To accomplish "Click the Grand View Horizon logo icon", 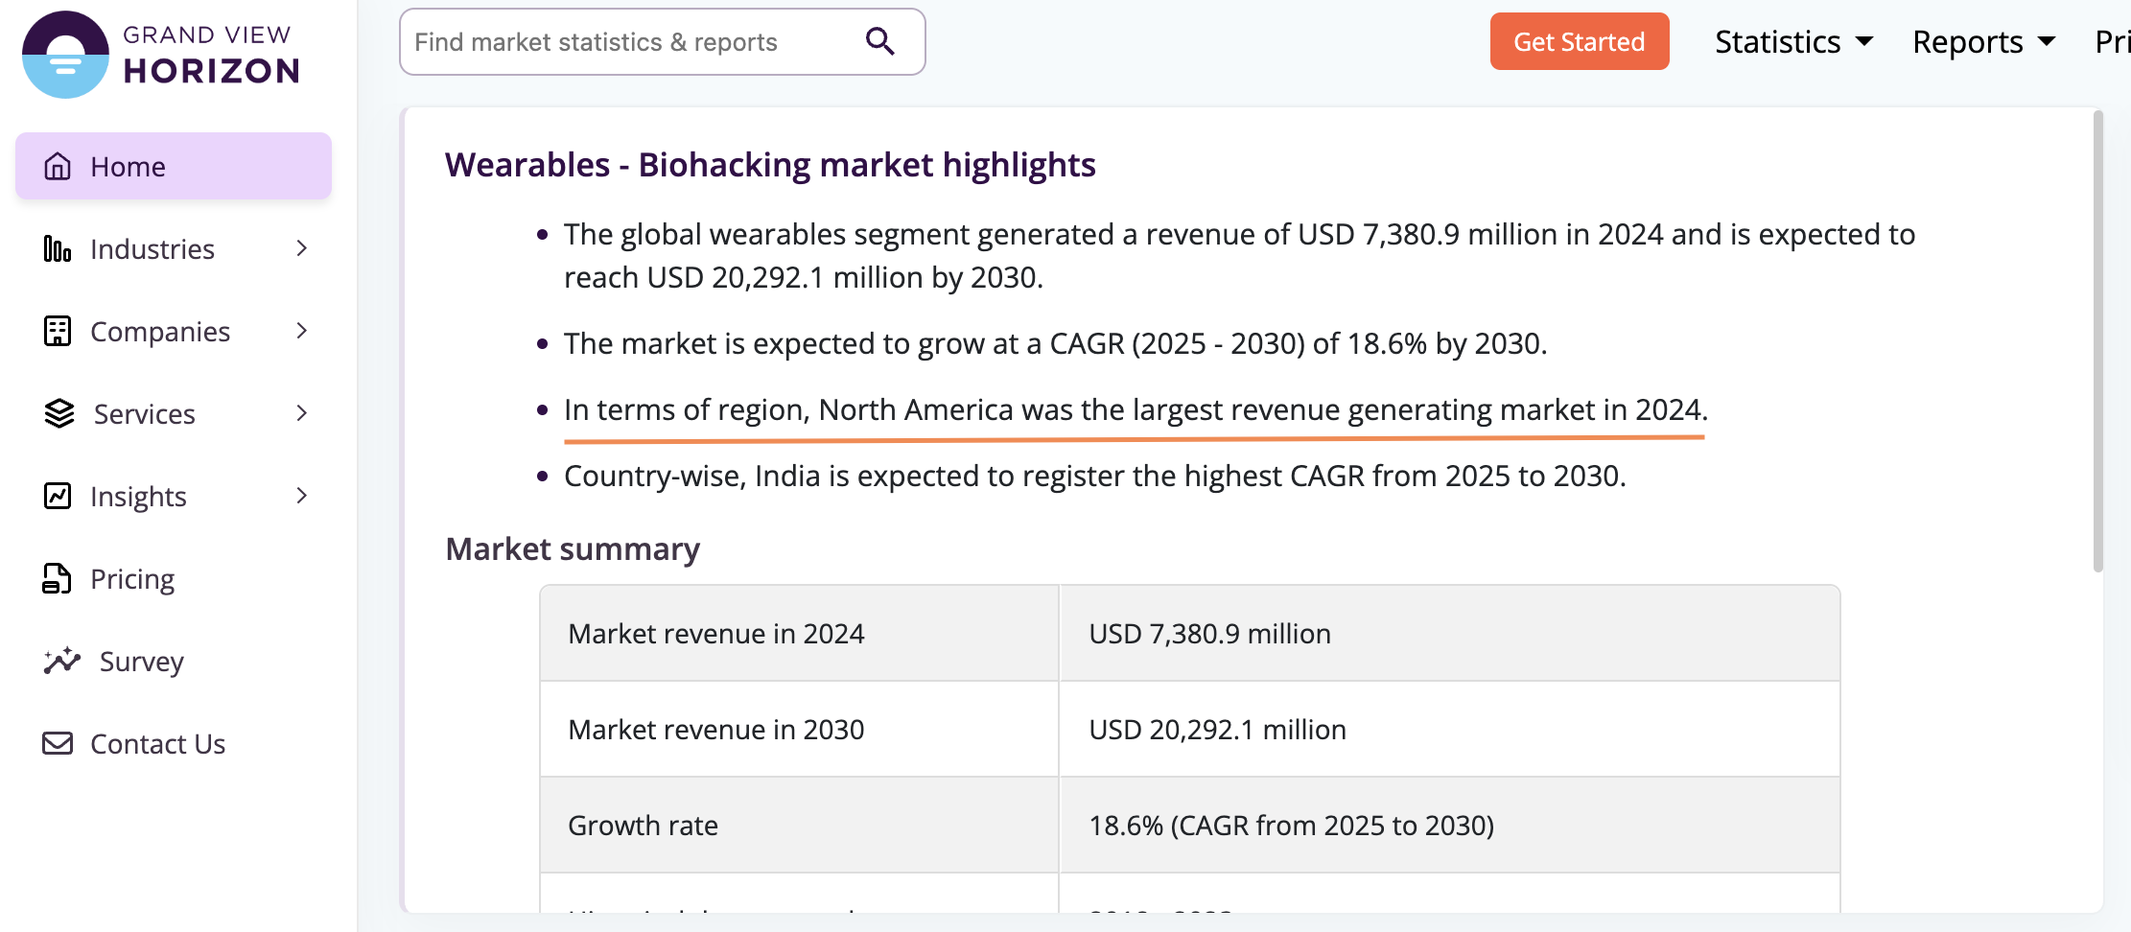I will pos(65,55).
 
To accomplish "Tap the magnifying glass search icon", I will pos(879,41).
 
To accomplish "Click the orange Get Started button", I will pos(1579,41).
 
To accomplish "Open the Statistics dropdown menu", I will pos(1793,42).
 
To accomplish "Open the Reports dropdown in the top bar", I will pos(1983,42).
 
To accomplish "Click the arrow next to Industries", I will pos(302,248).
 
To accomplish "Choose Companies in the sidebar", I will pos(159,332).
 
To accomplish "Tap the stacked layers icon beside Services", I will pos(59,413).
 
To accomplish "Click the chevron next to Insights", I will pos(302,496).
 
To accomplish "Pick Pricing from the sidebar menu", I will pos(132,579).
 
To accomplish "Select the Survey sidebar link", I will pos(141,662).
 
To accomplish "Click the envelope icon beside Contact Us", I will pos(58,743).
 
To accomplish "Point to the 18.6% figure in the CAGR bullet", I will pos(1387,343).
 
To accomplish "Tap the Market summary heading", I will pos(573,549).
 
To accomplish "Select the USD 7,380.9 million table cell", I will pos(1209,634).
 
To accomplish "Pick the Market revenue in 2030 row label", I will pos(715,730).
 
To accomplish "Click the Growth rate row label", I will pos(643,826).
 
